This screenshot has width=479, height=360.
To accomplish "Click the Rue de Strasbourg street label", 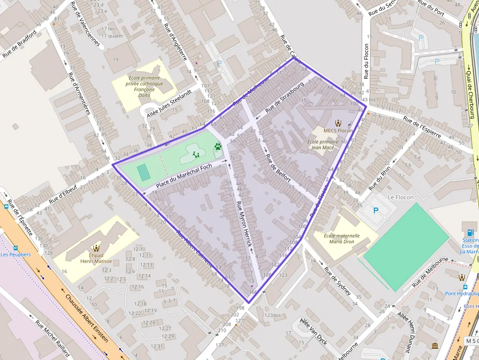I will pos(285,98).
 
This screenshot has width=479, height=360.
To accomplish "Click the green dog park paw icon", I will pos(218,146).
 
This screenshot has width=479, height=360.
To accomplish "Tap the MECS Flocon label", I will pos(338,130).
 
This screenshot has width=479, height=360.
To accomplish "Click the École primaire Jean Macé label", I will pos(323,145).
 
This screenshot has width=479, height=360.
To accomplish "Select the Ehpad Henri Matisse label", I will pos(96,258).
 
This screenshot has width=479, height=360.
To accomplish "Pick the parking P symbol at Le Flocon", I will pos(376,211).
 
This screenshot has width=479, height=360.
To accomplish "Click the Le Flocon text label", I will pos(400,197).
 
